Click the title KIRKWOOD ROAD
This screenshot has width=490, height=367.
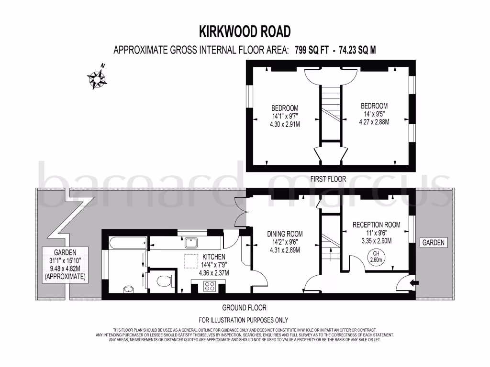pyautogui.click(x=245, y=32)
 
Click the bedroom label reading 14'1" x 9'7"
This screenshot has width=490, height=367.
pyautogui.click(x=285, y=116)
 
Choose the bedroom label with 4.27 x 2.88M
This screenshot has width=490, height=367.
pyautogui.click(x=374, y=114)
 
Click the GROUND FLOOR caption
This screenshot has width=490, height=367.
pyautogui.click(x=244, y=308)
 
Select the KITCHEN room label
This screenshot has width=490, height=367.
pyautogui.click(x=213, y=257)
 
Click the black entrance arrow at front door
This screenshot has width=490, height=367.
pyautogui.click(x=414, y=283)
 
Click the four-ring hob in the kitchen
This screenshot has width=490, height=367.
pyautogui.click(x=210, y=286)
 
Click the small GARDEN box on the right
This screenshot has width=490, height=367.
pyautogui.click(x=433, y=243)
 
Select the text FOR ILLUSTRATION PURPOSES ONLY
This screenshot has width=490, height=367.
pyautogui.click(x=244, y=320)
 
